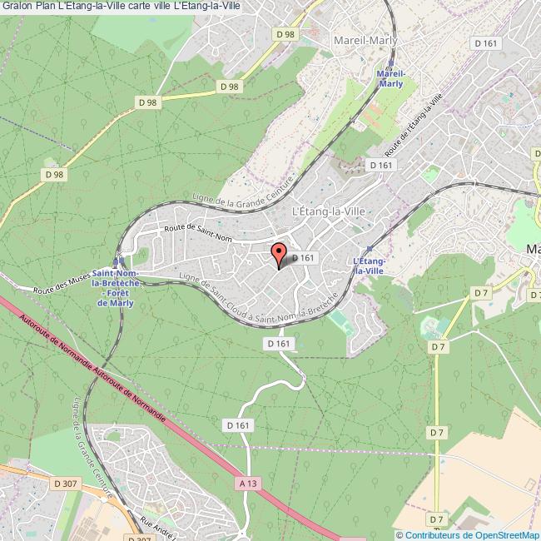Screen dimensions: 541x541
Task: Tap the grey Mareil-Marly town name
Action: point(365,40)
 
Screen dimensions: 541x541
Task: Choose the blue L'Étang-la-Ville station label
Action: point(369,266)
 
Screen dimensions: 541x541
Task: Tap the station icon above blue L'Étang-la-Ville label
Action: point(370,248)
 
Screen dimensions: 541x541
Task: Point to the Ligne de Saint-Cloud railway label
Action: point(250,304)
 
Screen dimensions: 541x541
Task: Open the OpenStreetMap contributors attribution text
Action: point(467,534)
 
